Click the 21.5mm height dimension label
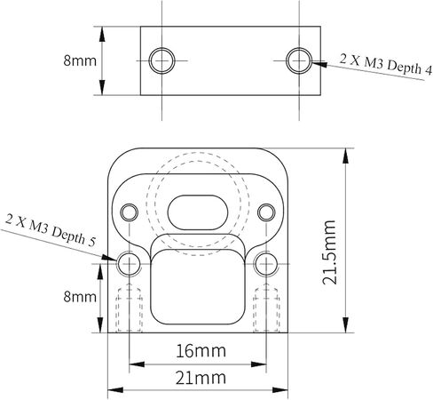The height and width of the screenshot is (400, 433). tap(329, 252)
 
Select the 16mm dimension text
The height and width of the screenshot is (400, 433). tap(201, 351)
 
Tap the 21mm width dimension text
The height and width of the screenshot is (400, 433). tap(201, 378)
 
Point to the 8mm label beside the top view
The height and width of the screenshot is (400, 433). tap(80, 60)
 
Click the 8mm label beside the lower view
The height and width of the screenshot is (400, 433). tap(80, 297)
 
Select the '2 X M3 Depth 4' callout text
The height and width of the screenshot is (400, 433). tap(386, 63)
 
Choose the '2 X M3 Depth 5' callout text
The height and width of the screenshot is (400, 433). tap(51, 230)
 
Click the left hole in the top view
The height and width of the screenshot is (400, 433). tap(161, 60)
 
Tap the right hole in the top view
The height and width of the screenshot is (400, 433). tap(299, 60)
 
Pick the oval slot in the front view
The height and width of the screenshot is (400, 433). tap(198, 212)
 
